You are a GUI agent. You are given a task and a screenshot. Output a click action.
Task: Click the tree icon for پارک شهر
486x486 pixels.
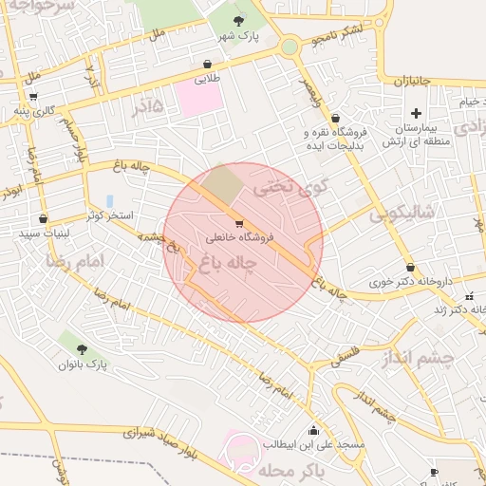237,21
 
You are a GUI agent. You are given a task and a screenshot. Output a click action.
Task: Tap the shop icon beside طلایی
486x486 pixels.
207,65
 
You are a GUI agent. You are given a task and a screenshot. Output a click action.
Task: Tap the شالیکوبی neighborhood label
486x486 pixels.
401,214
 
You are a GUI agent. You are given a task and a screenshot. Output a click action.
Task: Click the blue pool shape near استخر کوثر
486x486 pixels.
110,201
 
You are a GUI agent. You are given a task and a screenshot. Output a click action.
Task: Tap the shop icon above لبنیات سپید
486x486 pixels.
43,218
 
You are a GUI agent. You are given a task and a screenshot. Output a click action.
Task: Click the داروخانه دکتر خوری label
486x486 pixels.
410,282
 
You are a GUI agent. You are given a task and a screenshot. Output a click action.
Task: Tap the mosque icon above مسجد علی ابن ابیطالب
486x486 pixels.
314,430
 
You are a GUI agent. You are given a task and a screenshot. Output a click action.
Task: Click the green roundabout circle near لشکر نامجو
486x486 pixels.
290,47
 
